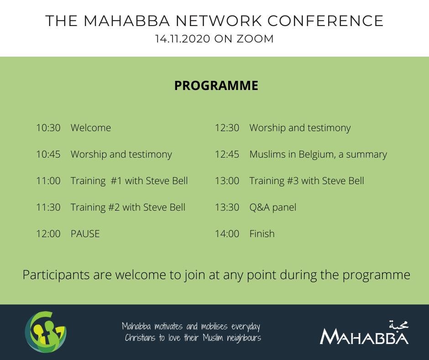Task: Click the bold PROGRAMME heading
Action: pos(216,85)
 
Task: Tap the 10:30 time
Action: pos(48,128)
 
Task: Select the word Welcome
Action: pos(91,128)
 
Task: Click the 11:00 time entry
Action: pos(48,181)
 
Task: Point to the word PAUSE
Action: pos(85,234)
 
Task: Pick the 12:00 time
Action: pos(48,234)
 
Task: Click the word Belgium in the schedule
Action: pos(317,154)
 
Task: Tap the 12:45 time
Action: pos(227,154)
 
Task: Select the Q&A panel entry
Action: pos(273,207)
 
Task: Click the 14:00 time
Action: pos(227,234)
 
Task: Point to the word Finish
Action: pos(262,234)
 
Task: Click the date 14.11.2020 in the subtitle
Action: pos(183,39)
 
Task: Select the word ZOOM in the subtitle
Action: pos(255,39)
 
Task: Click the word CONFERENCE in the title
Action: pos(325,21)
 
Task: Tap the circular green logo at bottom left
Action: pos(46,332)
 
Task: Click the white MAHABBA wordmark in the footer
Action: pos(364,336)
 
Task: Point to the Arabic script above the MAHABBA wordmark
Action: pos(398,324)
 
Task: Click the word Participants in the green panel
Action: pos(56,275)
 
